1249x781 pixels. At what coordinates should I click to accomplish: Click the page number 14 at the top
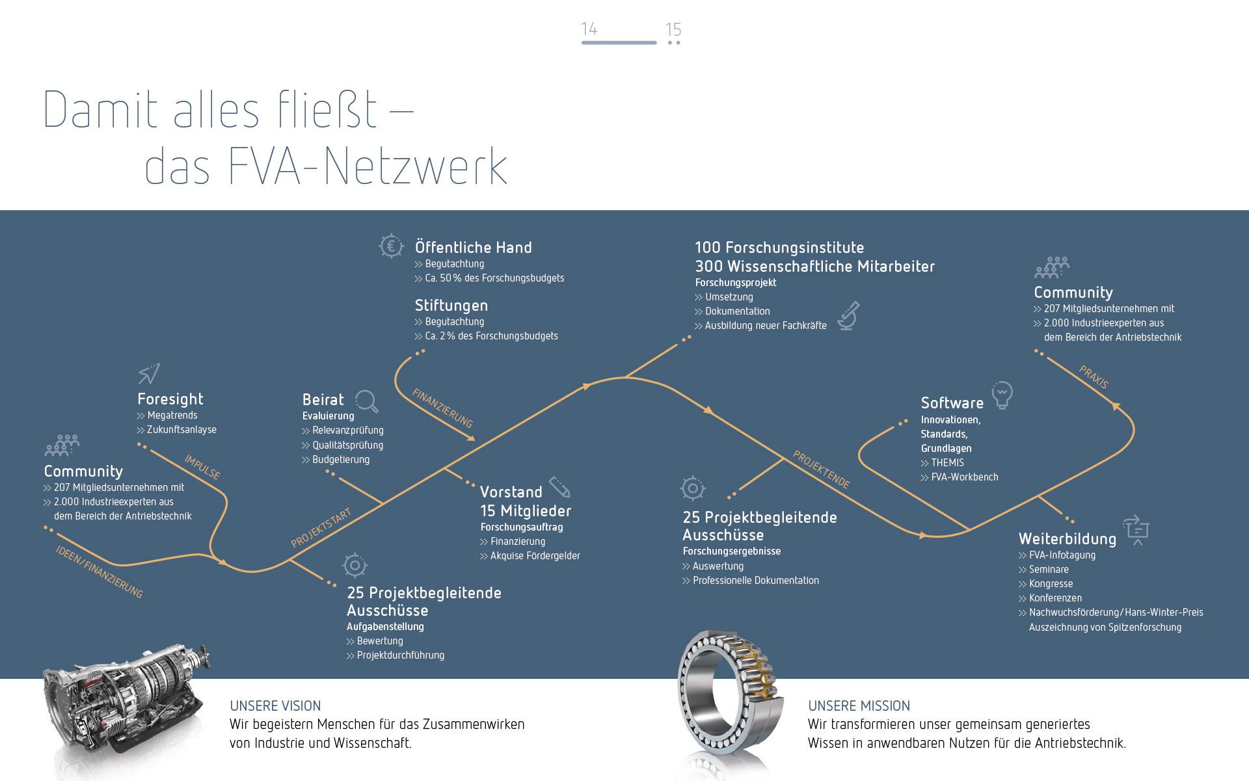tap(589, 29)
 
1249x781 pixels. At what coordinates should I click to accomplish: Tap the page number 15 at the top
tap(673, 30)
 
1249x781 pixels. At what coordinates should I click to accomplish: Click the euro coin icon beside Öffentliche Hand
tap(391, 246)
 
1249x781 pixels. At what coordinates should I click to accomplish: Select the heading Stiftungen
tap(451, 306)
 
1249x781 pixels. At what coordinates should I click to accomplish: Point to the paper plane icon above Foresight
tap(149, 373)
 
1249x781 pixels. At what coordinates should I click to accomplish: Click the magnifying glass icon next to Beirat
tap(366, 401)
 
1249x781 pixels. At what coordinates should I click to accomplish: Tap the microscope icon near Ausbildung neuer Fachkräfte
tap(848, 316)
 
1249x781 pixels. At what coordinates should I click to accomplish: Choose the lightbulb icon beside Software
tap(1002, 395)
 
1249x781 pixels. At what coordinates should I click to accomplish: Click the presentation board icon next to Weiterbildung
tap(1136, 530)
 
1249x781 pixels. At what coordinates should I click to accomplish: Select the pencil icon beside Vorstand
tap(559, 486)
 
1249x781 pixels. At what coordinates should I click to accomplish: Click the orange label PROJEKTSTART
tap(321, 528)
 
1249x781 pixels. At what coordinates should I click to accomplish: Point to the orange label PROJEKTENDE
tap(821, 470)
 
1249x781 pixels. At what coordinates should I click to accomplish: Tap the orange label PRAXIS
tap(1094, 377)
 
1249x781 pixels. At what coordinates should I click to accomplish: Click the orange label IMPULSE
tap(202, 467)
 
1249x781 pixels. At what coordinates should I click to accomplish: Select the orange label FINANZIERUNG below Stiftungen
tap(442, 408)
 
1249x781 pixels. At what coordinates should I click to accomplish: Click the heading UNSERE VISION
tap(275, 706)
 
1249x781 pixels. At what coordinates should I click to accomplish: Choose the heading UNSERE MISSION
tap(859, 706)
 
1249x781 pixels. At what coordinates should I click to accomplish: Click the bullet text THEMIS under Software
tap(947, 463)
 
